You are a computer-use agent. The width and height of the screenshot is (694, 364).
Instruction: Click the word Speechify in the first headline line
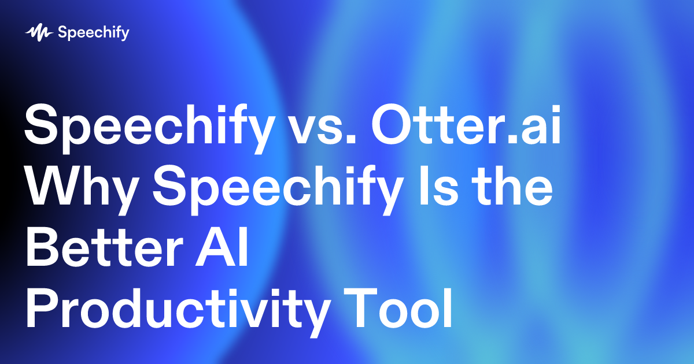tap(147, 127)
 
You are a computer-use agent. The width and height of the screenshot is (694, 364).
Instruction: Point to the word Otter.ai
tap(466, 127)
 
